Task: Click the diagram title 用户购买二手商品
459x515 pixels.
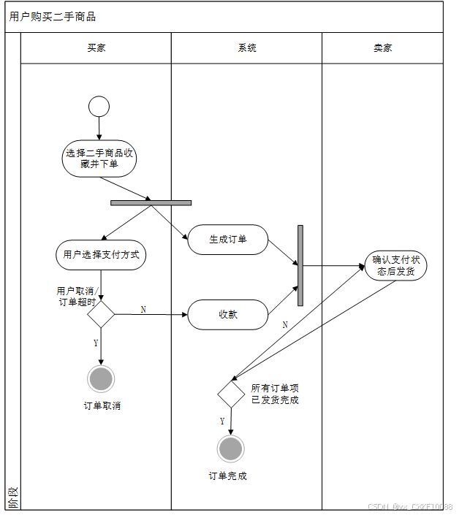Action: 53,17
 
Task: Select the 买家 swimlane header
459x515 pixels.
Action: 96,48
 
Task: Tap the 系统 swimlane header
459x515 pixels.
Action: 247,48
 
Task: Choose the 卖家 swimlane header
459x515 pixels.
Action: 383,48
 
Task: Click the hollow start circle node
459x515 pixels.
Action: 99,107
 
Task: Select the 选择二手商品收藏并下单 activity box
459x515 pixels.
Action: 99,159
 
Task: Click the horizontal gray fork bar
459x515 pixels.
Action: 151,202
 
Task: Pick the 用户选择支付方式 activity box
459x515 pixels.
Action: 101,255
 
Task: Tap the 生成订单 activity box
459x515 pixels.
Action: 228,240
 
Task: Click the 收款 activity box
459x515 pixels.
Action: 228,315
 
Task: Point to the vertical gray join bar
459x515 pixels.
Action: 300,265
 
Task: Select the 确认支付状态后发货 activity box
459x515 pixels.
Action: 396,265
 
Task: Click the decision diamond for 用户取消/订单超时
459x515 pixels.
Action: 101,315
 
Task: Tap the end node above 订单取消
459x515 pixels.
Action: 101,378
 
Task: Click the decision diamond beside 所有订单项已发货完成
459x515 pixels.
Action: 231,394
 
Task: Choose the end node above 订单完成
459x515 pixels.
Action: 231,449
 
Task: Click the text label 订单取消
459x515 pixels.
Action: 102,405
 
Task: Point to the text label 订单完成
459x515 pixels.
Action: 228,476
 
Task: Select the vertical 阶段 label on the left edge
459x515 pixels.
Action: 12,499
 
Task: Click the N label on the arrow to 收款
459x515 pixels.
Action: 143,310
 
